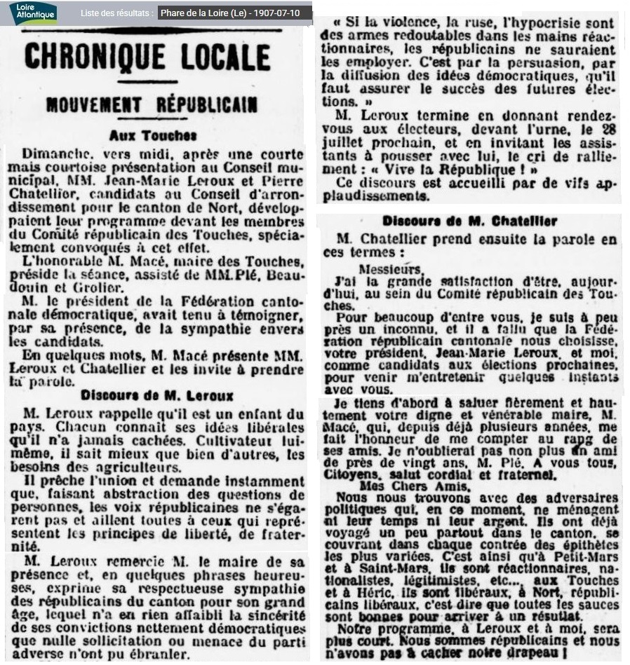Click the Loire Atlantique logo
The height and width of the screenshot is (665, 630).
(x=33, y=13)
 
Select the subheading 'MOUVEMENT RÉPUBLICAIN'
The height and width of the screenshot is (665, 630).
(x=152, y=105)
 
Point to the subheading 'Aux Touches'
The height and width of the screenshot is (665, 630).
(x=153, y=135)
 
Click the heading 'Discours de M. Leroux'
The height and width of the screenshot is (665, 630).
(x=157, y=396)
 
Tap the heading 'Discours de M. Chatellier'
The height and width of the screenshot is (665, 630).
(x=469, y=221)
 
